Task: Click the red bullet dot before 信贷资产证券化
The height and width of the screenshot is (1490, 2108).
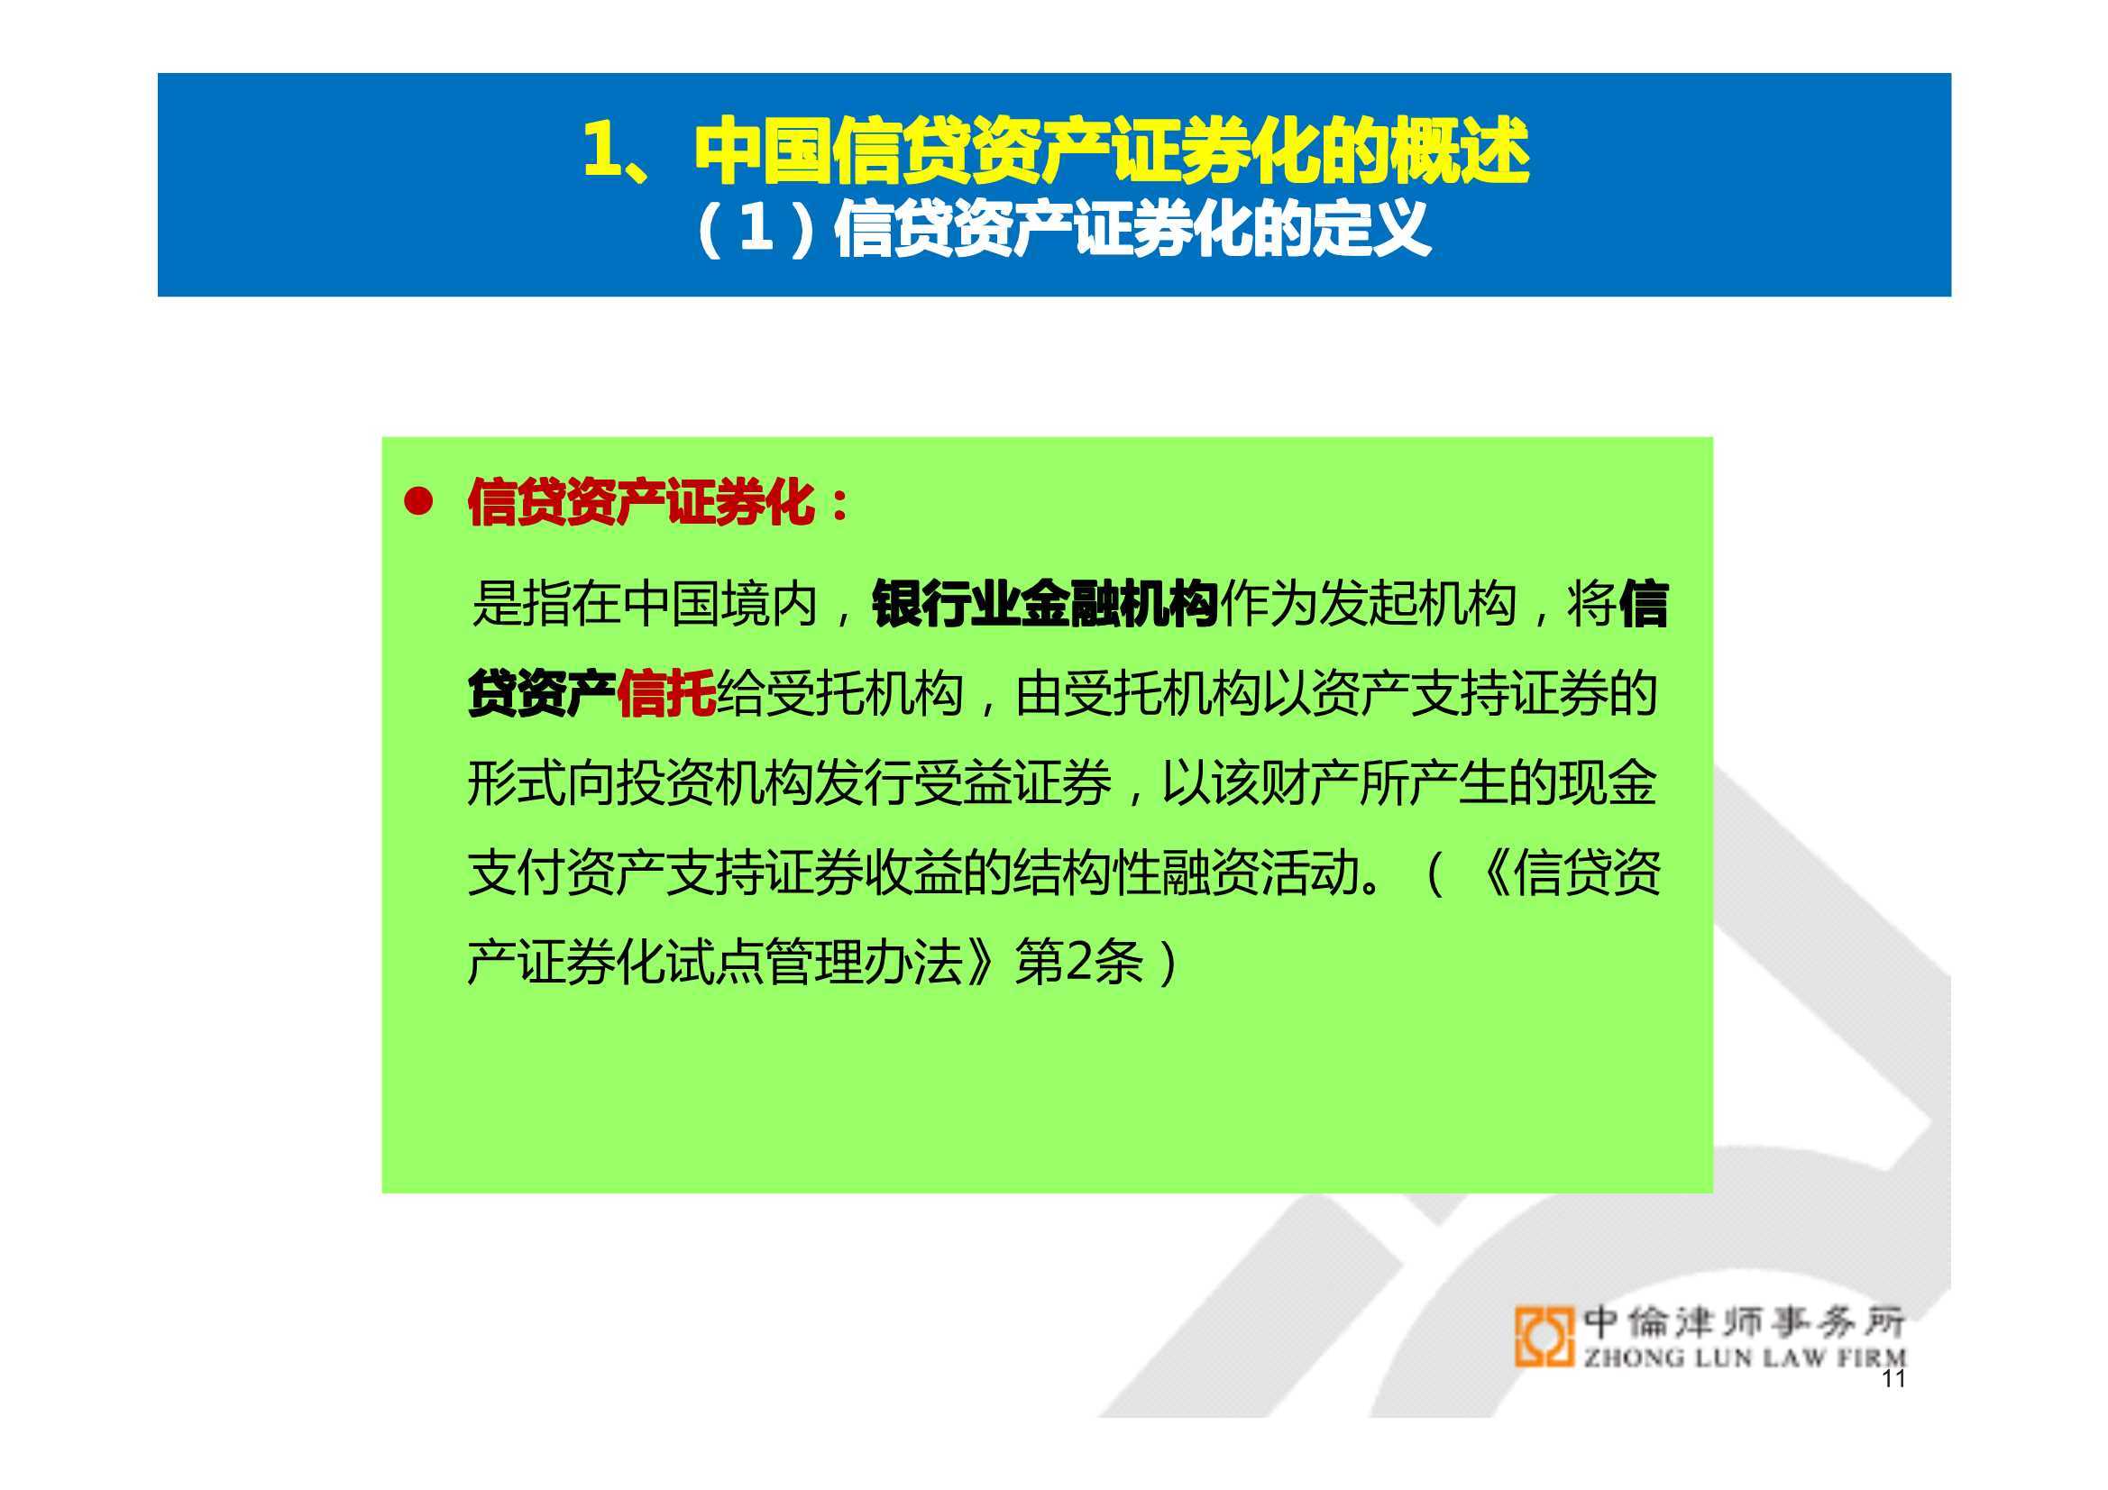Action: coord(418,502)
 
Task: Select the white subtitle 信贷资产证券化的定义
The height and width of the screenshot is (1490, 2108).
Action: coord(1132,229)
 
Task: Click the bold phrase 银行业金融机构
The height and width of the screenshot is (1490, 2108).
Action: coord(1045,604)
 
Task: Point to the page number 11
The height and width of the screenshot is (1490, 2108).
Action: coord(1893,1378)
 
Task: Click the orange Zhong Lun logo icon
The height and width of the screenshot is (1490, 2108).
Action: coord(1544,1337)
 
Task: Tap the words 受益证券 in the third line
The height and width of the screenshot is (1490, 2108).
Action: coord(1013,783)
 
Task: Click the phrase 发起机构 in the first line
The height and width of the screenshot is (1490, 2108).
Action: coord(1417,604)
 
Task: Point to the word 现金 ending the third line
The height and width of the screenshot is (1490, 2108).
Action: coord(1608,783)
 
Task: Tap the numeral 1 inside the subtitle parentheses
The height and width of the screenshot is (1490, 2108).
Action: coord(755,228)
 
